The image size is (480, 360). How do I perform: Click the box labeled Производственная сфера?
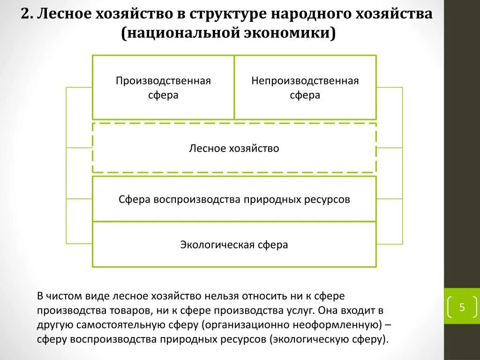point(163,88)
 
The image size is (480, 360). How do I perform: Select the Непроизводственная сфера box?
point(305,88)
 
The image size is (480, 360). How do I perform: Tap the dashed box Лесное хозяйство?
point(234,149)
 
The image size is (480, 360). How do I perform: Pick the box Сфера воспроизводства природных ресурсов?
point(234,199)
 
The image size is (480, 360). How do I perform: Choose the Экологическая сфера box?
point(234,245)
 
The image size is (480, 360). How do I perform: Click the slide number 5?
point(462,307)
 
